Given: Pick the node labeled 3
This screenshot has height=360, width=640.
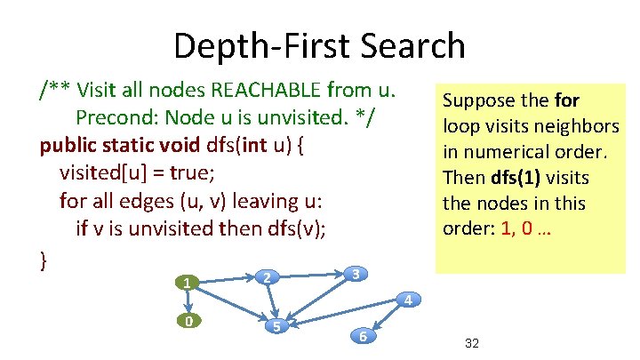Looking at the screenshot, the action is point(355,274).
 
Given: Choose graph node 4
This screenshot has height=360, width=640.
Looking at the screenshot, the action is point(406,300).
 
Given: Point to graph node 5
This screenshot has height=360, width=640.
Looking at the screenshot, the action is point(276,326).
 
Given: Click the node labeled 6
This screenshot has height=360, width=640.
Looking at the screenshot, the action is point(363,336).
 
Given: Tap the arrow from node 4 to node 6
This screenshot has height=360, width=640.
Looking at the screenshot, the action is point(385,317).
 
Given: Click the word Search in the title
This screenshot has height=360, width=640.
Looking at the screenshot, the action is point(406,45).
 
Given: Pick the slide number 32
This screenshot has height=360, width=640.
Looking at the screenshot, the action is point(472,342).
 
